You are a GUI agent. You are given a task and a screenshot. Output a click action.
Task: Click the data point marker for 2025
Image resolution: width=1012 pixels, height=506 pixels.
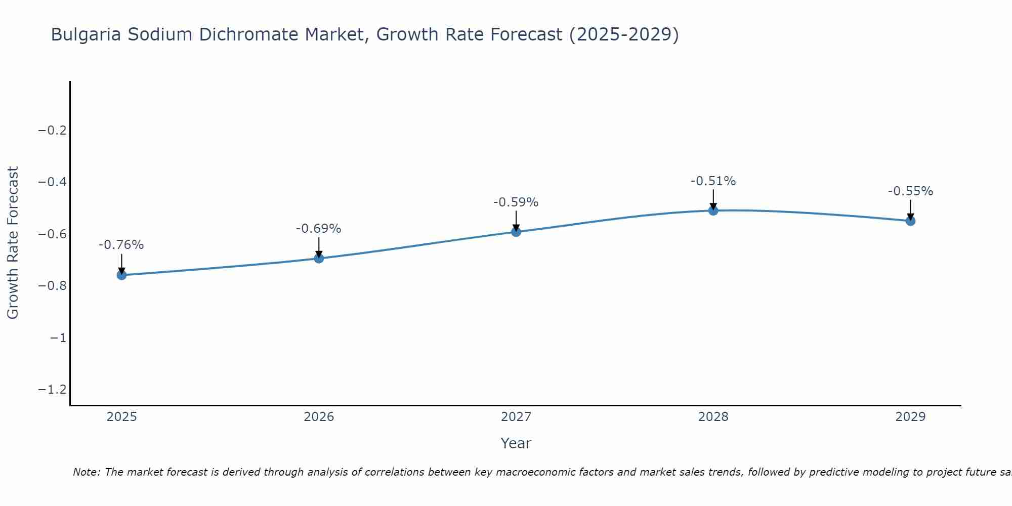121,275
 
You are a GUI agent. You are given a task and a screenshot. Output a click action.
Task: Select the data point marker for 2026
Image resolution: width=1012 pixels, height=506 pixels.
319,258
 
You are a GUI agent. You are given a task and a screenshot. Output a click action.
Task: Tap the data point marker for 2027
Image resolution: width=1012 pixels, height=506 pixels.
516,232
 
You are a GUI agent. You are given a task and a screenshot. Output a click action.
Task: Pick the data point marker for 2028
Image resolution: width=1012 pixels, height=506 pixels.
713,210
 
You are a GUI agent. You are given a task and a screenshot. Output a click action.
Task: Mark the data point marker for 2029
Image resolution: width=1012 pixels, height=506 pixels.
910,221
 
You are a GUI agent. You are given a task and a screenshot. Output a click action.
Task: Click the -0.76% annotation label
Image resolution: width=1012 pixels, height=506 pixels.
121,245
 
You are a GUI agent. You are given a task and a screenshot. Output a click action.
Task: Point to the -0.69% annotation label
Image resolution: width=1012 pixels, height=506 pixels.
319,229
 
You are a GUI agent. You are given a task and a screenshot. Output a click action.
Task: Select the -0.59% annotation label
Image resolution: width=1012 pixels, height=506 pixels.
516,202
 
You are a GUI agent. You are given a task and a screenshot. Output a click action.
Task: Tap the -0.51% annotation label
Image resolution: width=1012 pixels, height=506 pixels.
713,181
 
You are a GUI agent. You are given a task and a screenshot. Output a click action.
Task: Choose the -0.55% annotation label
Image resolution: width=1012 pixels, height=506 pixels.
910,191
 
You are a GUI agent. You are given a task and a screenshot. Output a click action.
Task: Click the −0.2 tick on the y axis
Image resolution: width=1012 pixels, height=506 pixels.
52,131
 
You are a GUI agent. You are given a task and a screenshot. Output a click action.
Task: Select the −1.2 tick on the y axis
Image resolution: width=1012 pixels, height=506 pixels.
52,389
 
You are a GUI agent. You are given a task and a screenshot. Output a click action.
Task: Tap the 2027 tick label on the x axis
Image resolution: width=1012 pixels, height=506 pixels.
516,417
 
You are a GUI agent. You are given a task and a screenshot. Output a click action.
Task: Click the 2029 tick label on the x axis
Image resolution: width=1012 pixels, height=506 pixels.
910,417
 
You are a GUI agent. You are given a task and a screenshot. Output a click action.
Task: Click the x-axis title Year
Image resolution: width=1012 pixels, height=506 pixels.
516,443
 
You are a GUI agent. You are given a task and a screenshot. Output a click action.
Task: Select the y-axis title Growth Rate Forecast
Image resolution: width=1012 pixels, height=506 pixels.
13,243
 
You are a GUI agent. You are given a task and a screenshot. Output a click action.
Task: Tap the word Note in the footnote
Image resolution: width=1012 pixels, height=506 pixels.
87,472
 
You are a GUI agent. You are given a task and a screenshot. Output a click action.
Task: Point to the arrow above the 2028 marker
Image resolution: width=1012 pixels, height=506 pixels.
713,199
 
